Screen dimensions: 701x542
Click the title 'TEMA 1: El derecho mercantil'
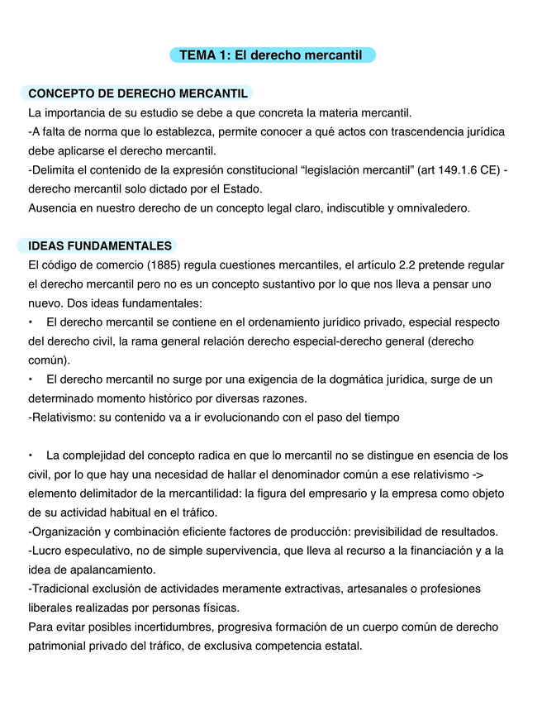pyautogui.click(x=271, y=55)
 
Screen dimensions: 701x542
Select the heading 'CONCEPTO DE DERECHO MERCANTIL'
pyautogui.click(x=138, y=93)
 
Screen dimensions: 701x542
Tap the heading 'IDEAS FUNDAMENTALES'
pyautogui.click(x=100, y=246)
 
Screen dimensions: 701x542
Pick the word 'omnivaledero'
pyautogui.click(x=435, y=208)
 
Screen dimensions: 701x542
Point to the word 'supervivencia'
pyautogui.click(x=243, y=551)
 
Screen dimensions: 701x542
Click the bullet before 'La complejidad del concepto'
pyautogui.click(x=31, y=455)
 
